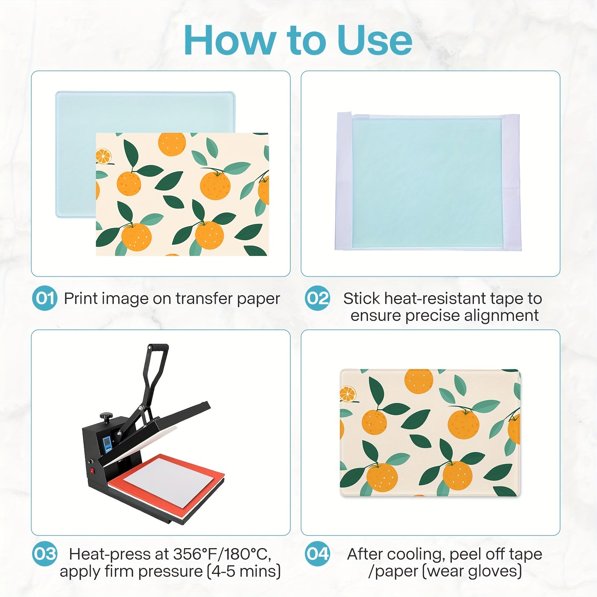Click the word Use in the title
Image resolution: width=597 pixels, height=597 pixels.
[375, 40]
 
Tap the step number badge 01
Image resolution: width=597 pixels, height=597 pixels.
[45, 298]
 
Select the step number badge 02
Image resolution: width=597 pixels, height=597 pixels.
[318, 298]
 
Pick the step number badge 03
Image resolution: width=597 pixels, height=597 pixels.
[45, 554]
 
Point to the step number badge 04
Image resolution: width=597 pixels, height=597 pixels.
[318, 554]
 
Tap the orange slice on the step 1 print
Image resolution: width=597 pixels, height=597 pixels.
[103, 156]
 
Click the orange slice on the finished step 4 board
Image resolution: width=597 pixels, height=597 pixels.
[348, 394]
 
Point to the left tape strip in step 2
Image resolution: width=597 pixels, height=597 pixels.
[344, 181]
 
